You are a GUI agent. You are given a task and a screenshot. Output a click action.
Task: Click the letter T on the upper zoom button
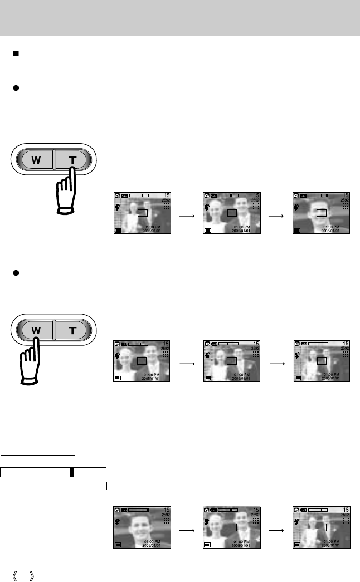pyautogui.click(x=72, y=160)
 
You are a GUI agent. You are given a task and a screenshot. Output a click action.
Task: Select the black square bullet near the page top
pyautogui.click(x=18, y=55)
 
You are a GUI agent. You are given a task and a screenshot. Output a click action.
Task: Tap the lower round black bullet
pyautogui.click(x=18, y=273)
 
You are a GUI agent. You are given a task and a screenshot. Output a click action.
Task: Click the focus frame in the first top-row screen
pyautogui.click(x=143, y=212)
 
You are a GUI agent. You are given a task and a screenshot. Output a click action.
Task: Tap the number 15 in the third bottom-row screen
pyautogui.click(x=346, y=510)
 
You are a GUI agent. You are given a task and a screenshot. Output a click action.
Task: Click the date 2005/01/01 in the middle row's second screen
pyautogui.click(x=243, y=378)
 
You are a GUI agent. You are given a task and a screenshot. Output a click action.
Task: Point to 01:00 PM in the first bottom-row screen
pyautogui.click(x=152, y=541)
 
